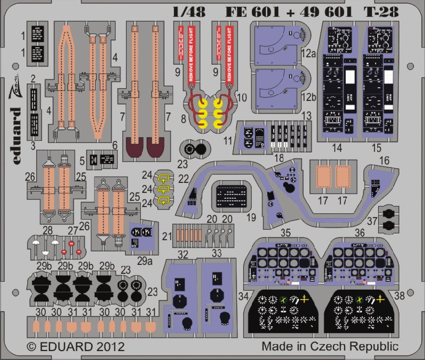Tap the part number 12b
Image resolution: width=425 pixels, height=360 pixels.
tap(309, 99)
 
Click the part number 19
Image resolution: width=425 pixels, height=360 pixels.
tap(251, 218)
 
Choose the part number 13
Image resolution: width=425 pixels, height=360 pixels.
tap(307, 116)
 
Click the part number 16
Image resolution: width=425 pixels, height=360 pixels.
tap(384, 160)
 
